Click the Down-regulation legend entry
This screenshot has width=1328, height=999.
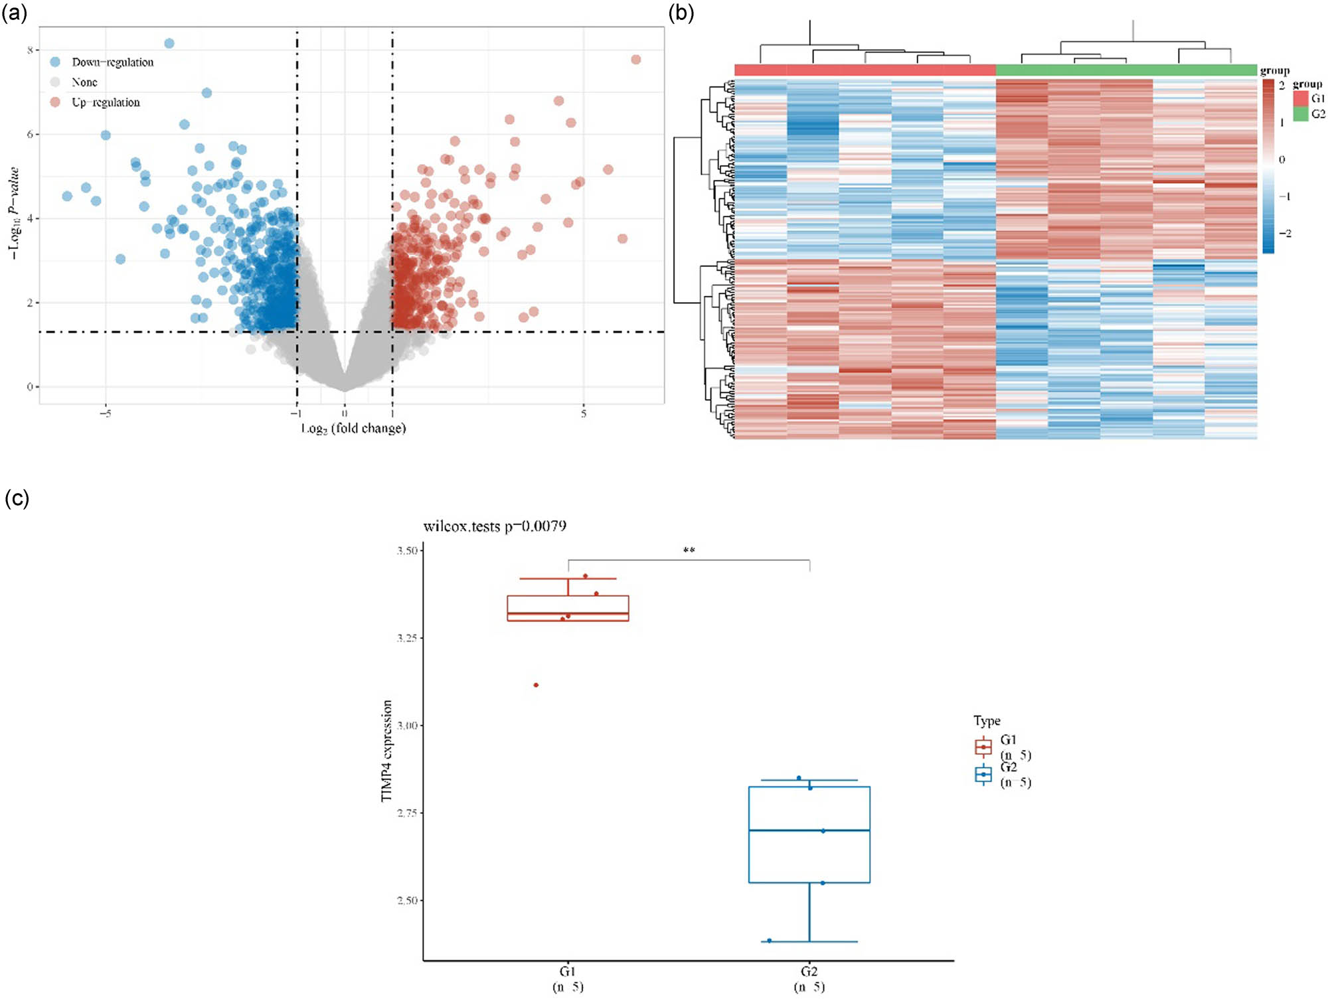112,62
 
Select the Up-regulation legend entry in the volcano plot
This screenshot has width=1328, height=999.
106,102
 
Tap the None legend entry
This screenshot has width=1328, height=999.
84,82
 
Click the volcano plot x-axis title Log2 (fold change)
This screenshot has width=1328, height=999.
353,428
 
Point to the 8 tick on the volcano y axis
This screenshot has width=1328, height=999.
31,50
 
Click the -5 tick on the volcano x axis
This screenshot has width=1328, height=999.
106,414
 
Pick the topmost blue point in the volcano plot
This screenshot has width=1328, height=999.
169,43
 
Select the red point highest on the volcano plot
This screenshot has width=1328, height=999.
635,60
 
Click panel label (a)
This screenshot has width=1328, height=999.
15,13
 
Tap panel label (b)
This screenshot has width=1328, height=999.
681,13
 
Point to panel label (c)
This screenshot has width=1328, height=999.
17,498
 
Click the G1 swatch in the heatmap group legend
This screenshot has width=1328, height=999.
1300,98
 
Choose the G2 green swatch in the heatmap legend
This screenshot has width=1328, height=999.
1300,114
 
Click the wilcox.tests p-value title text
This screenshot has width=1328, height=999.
495,526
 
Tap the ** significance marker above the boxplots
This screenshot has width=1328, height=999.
689,550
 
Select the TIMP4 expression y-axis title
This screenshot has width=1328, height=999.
386,751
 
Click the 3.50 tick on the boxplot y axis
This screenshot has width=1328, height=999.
407,550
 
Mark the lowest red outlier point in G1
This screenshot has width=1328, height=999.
536,685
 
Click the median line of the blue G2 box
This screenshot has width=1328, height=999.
809,830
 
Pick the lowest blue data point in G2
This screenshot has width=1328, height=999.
769,941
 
